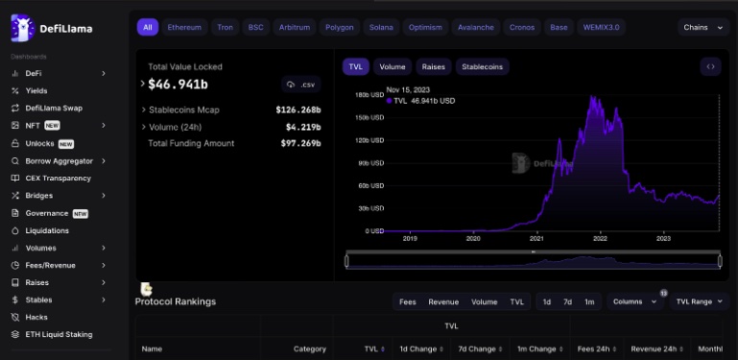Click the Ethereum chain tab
coord(184,28)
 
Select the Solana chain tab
coord(381,28)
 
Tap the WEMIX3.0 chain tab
coord(602,28)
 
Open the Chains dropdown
coord(704,28)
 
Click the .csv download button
coord(301,85)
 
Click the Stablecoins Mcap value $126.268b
coord(298,109)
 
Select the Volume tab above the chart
coord(392,67)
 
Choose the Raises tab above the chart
coord(434,67)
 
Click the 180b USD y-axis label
coord(369,95)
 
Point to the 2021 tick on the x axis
coord(536,238)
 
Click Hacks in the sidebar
coord(36,317)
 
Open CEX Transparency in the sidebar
coord(58,178)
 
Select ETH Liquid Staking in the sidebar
coord(59,334)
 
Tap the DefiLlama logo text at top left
coord(65,30)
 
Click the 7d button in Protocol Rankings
coord(568,301)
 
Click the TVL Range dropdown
coord(700,301)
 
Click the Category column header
coord(310,348)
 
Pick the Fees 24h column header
coord(592,348)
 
